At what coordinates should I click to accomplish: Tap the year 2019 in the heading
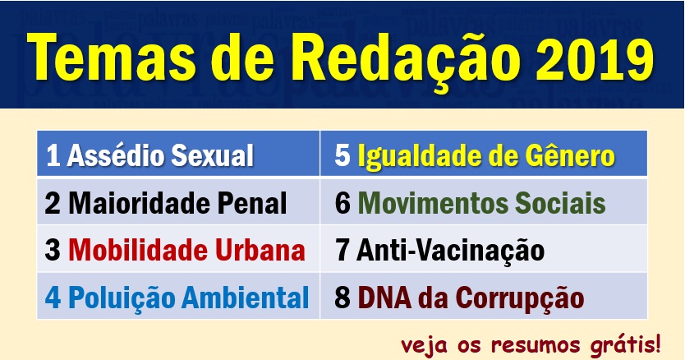click(595, 58)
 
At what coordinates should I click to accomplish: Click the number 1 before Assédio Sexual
click(53, 155)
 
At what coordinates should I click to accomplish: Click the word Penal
click(252, 203)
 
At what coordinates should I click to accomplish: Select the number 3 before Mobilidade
click(53, 251)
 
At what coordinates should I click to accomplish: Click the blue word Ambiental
click(245, 298)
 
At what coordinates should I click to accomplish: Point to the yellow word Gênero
click(570, 155)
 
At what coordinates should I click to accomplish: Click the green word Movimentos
click(433, 203)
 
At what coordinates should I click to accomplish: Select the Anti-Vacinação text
click(450, 252)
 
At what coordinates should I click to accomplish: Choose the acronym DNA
click(384, 298)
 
